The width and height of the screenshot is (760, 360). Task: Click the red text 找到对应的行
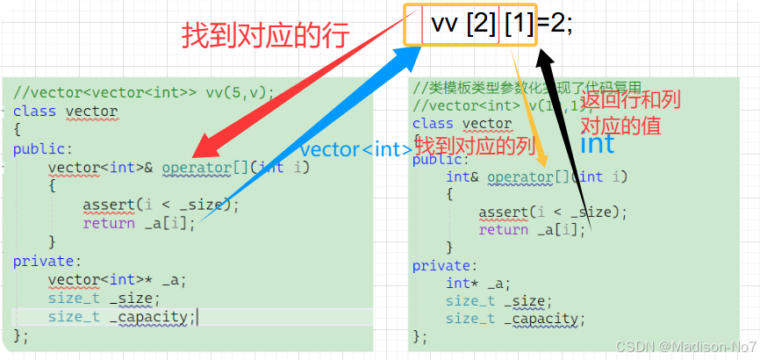click(265, 36)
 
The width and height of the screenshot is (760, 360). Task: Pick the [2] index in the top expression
click(482, 25)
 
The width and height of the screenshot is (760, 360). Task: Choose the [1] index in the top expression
click(519, 25)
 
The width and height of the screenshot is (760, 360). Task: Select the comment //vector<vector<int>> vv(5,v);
click(144, 91)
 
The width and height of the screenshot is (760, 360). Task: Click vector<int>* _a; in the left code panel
click(117, 281)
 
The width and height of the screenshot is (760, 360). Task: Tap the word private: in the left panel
click(47, 261)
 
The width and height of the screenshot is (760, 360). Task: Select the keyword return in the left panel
click(109, 223)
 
